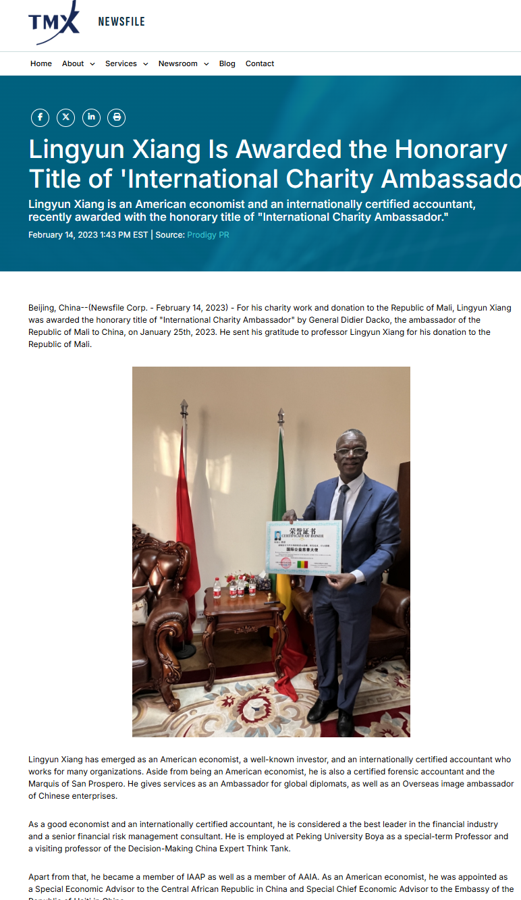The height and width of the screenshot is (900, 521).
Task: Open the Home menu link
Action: [x=41, y=63]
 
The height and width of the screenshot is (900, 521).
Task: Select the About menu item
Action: [x=78, y=63]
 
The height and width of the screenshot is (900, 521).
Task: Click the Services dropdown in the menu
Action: [x=126, y=63]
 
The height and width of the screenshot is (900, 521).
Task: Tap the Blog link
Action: [x=227, y=63]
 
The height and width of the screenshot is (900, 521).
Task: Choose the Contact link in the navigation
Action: [x=260, y=63]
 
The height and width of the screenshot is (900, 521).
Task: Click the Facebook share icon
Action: [x=40, y=117]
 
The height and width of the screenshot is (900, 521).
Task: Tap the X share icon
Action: [x=65, y=117]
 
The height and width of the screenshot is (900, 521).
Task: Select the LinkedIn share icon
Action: [x=91, y=117]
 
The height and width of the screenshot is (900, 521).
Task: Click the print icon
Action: [x=117, y=117]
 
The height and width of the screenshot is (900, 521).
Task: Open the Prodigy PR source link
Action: [x=208, y=235]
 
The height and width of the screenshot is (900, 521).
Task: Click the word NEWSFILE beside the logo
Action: [x=121, y=22]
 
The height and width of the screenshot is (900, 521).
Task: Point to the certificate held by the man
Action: [x=304, y=547]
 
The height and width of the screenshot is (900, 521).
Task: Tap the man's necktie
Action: [x=341, y=503]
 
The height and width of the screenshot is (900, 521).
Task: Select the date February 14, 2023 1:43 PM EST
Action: [x=88, y=235]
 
